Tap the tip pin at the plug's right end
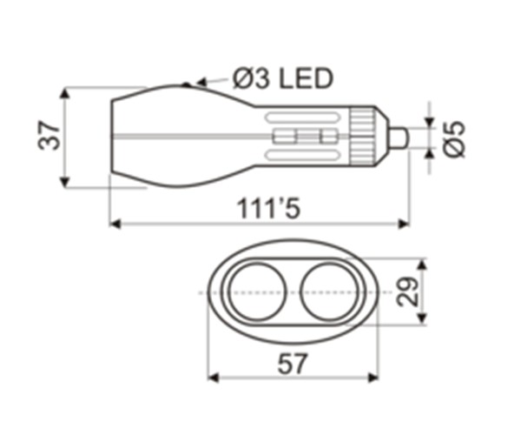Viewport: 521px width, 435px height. pos(399,137)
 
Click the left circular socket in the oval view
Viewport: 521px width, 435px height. pos(254,292)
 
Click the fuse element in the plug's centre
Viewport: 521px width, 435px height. pos(304,137)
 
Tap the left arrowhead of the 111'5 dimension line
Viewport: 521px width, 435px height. pos(115,224)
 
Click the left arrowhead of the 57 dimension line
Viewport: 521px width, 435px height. pos(213,378)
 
